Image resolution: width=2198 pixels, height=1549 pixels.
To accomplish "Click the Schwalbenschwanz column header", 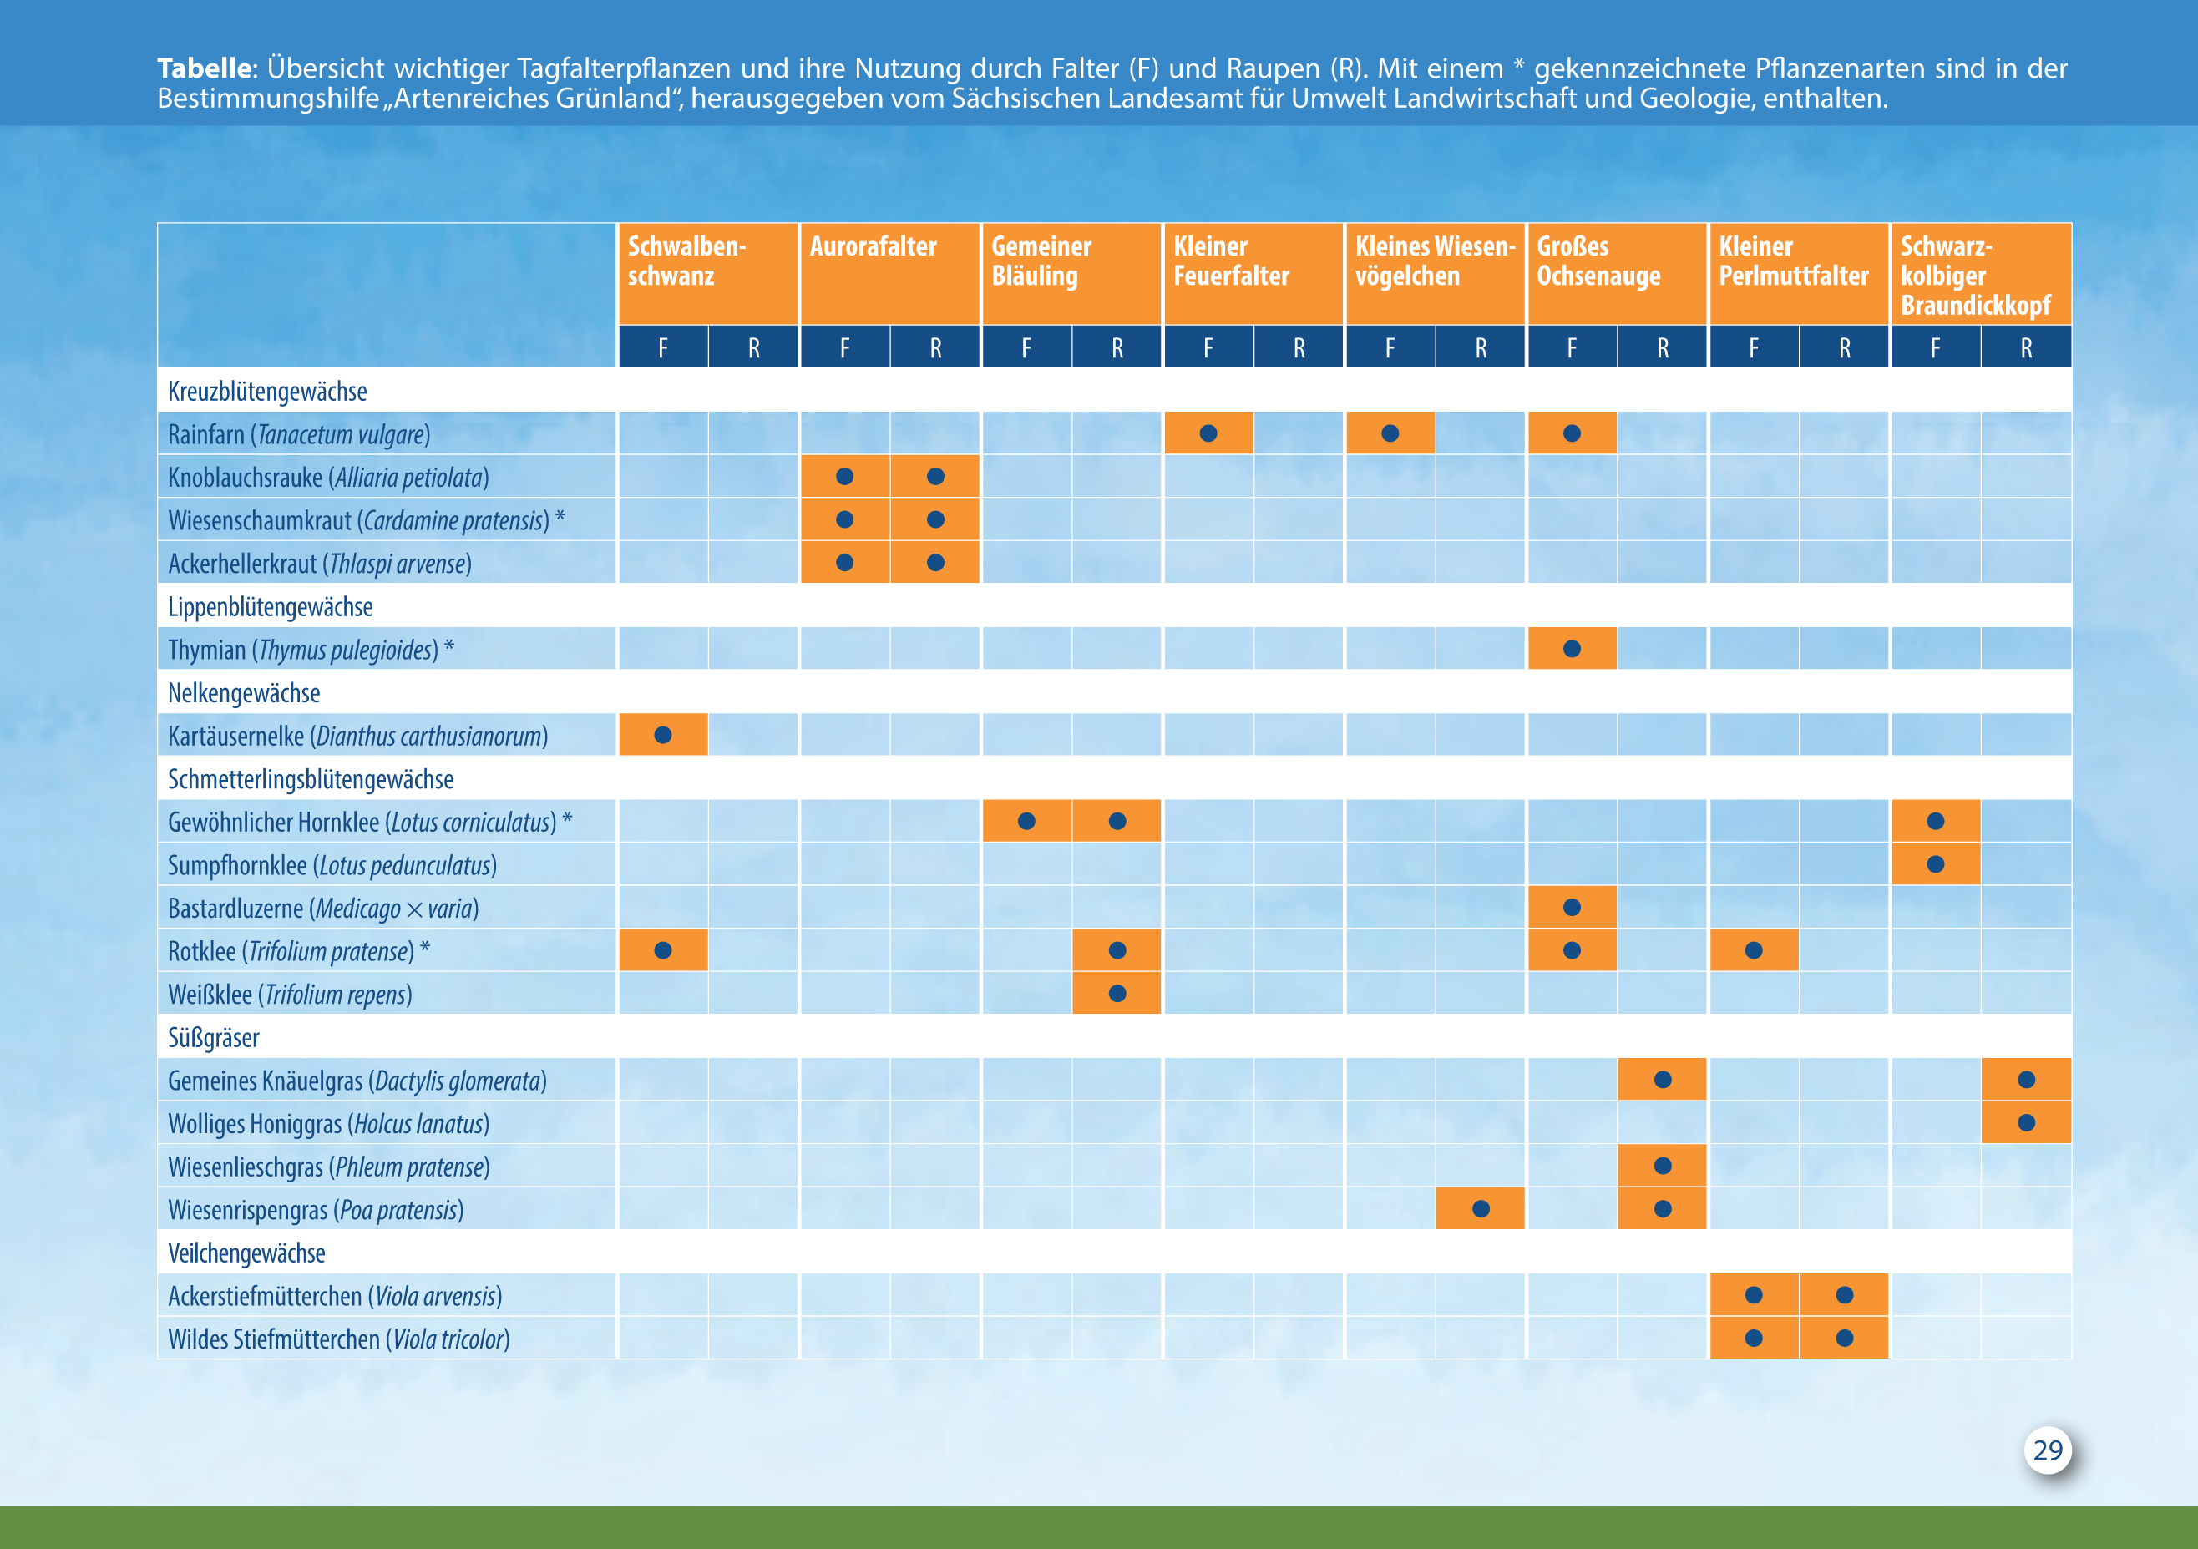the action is tap(686, 261).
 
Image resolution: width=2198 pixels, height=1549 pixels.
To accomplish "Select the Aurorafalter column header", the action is tap(873, 247).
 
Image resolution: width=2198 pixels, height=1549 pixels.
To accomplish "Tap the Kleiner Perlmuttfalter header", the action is tap(1793, 261).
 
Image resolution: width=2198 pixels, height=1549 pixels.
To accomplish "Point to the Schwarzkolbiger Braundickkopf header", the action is tap(1975, 276).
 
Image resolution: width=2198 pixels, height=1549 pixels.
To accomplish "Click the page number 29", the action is tap(2048, 1450).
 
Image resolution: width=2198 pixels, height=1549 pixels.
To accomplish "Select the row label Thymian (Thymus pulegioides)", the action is tap(310, 650).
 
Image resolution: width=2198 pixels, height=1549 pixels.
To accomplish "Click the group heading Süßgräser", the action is tap(214, 1038).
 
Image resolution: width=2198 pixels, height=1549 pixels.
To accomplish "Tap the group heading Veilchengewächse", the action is tap(246, 1253).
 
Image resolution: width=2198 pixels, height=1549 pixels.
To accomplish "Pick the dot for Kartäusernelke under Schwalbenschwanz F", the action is tap(662, 735).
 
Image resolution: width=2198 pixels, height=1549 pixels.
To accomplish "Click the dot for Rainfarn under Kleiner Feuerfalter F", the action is tap(1208, 433).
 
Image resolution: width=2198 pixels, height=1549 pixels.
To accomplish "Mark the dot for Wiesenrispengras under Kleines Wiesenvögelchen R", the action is tap(1481, 1209).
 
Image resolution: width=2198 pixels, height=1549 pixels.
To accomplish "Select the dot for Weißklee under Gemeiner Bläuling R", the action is tap(1117, 994).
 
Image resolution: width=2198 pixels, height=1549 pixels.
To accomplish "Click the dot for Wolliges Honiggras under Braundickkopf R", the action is tap(2027, 1123).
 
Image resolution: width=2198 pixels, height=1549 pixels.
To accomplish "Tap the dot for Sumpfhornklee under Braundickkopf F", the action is tap(1936, 864).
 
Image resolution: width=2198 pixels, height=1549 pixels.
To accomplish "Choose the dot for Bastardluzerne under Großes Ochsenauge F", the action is tap(1572, 908).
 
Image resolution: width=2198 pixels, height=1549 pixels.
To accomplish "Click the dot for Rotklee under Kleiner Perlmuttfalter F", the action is tap(1754, 950).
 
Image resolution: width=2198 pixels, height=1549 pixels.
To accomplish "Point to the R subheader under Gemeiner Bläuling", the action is tap(1117, 347).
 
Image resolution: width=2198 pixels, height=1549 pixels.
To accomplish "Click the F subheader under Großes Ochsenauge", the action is tap(1572, 347).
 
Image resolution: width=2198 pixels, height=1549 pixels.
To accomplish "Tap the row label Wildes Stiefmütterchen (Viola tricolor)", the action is tap(339, 1339).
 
